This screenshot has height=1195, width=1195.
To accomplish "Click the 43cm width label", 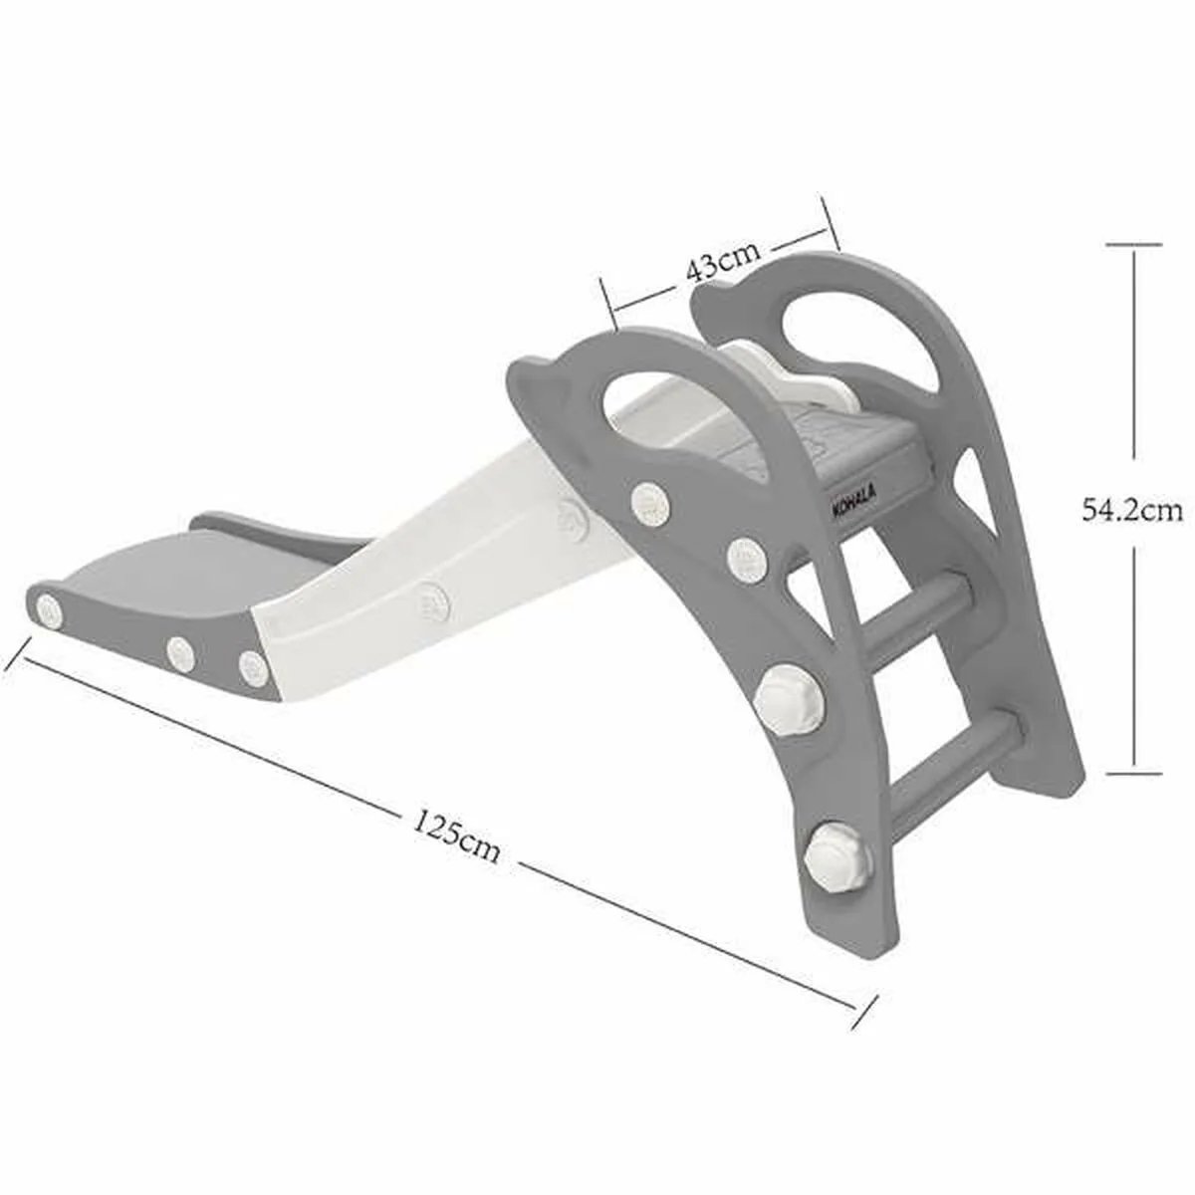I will pos(723,264).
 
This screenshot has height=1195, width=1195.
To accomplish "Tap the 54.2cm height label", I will pos(1132,509).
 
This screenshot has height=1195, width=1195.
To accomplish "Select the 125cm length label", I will pos(456,837).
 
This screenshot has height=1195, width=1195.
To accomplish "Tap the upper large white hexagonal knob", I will pos(791,698).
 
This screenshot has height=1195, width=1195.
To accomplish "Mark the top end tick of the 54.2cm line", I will pos(1133,244).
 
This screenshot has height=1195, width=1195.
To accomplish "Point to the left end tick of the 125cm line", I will pos(15,651).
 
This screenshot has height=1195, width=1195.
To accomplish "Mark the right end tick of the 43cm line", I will pos(831,225).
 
